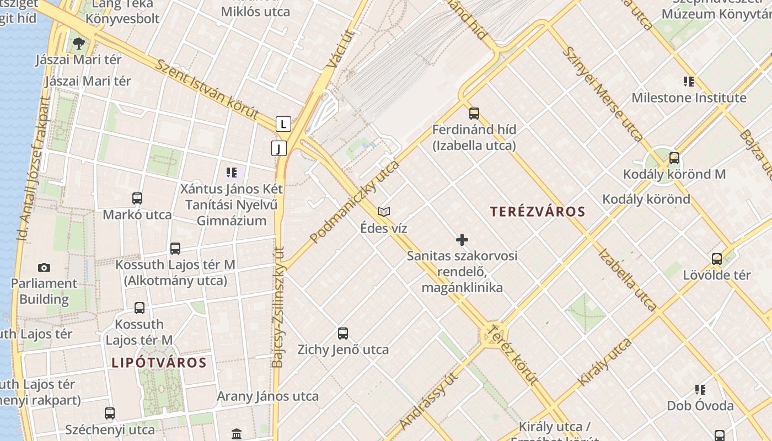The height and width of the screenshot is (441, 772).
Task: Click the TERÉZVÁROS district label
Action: tap(538, 212)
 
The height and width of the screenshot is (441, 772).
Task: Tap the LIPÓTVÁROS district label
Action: tap(159, 363)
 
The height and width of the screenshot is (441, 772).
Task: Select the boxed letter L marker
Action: tap(283, 124)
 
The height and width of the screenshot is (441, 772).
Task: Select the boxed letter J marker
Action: tap(279, 148)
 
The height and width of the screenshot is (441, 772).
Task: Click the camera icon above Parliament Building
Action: tap(44, 268)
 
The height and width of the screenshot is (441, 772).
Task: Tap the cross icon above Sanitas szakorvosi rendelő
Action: tap(462, 240)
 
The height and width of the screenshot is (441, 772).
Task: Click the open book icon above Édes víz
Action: tap(384, 212)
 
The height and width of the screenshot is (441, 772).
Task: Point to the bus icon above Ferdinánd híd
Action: tap(474, 114)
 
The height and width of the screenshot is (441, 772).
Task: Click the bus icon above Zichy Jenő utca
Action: tap(343, 334)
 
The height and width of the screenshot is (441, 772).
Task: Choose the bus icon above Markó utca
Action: tap(137, 198)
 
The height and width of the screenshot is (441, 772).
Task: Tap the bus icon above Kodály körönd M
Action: tap(674, 158)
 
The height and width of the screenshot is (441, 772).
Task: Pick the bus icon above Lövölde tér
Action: tap(717, 259)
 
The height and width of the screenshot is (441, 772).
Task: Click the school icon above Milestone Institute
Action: tap(689, 82)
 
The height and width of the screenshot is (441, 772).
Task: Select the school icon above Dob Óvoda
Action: tap(700, 390)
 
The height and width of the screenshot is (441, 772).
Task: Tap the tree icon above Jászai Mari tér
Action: tap(79, 43)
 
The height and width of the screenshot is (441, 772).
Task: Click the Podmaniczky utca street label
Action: tap(354, 203)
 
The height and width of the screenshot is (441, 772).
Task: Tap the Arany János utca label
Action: tap(267, 396)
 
